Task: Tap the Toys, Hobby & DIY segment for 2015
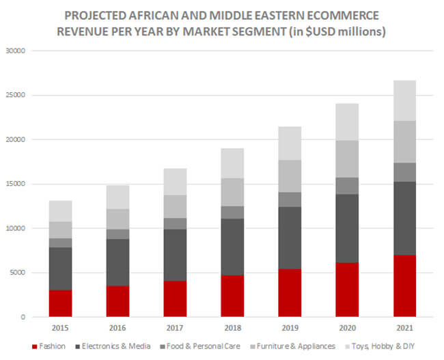tap(60, 211)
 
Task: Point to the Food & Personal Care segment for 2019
tap(290, 199)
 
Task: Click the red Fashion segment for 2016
tap(117, 301)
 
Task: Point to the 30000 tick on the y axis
tap(15, 51)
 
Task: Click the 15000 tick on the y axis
tap(15, 184)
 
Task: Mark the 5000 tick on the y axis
tap(17, 273)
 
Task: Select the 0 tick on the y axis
tap(23, 317)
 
